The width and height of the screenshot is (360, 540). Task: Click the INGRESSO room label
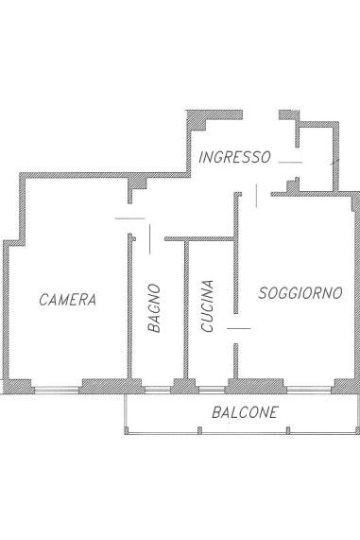[234, 157]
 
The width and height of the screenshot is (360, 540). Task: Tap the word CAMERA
[67, 300]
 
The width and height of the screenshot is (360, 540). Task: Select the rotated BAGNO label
[154, 308]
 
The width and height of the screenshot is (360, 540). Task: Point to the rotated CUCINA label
[207, 305]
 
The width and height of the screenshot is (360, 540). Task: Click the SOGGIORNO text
[300, 293]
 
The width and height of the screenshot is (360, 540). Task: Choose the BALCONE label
[245, 412]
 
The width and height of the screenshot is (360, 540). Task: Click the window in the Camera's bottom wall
[57, 390]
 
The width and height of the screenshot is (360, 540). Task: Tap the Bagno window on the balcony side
[158, 390]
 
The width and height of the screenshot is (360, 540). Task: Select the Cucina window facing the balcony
[212, 390]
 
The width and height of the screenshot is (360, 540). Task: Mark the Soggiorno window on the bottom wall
[309, 390]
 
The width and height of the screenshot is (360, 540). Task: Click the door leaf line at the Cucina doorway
[238, 328]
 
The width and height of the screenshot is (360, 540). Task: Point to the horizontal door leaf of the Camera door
[129, 218]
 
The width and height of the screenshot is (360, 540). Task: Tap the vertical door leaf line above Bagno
[149, 239]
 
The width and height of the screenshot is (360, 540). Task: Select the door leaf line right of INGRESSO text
[290, 162]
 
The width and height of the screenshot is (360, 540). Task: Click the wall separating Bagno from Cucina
[186, 309]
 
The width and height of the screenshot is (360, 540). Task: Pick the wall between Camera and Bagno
[129, 305]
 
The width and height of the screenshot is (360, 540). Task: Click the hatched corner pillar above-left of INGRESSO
[197, 120]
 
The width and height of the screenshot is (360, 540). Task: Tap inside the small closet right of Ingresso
[316, 159]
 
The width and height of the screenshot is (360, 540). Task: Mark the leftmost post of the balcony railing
[127, 430]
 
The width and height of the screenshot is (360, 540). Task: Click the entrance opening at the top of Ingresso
[261, 115]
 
